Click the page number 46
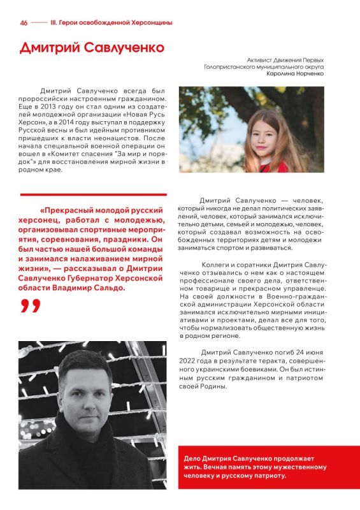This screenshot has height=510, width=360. [x=24, y=22]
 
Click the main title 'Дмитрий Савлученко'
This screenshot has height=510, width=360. [x=92, y=48]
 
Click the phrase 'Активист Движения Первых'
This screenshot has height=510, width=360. [x=285, y=59]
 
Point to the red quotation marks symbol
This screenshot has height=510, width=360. [x=29, y=306]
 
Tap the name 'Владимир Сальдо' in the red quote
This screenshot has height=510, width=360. [x=90, y=288]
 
